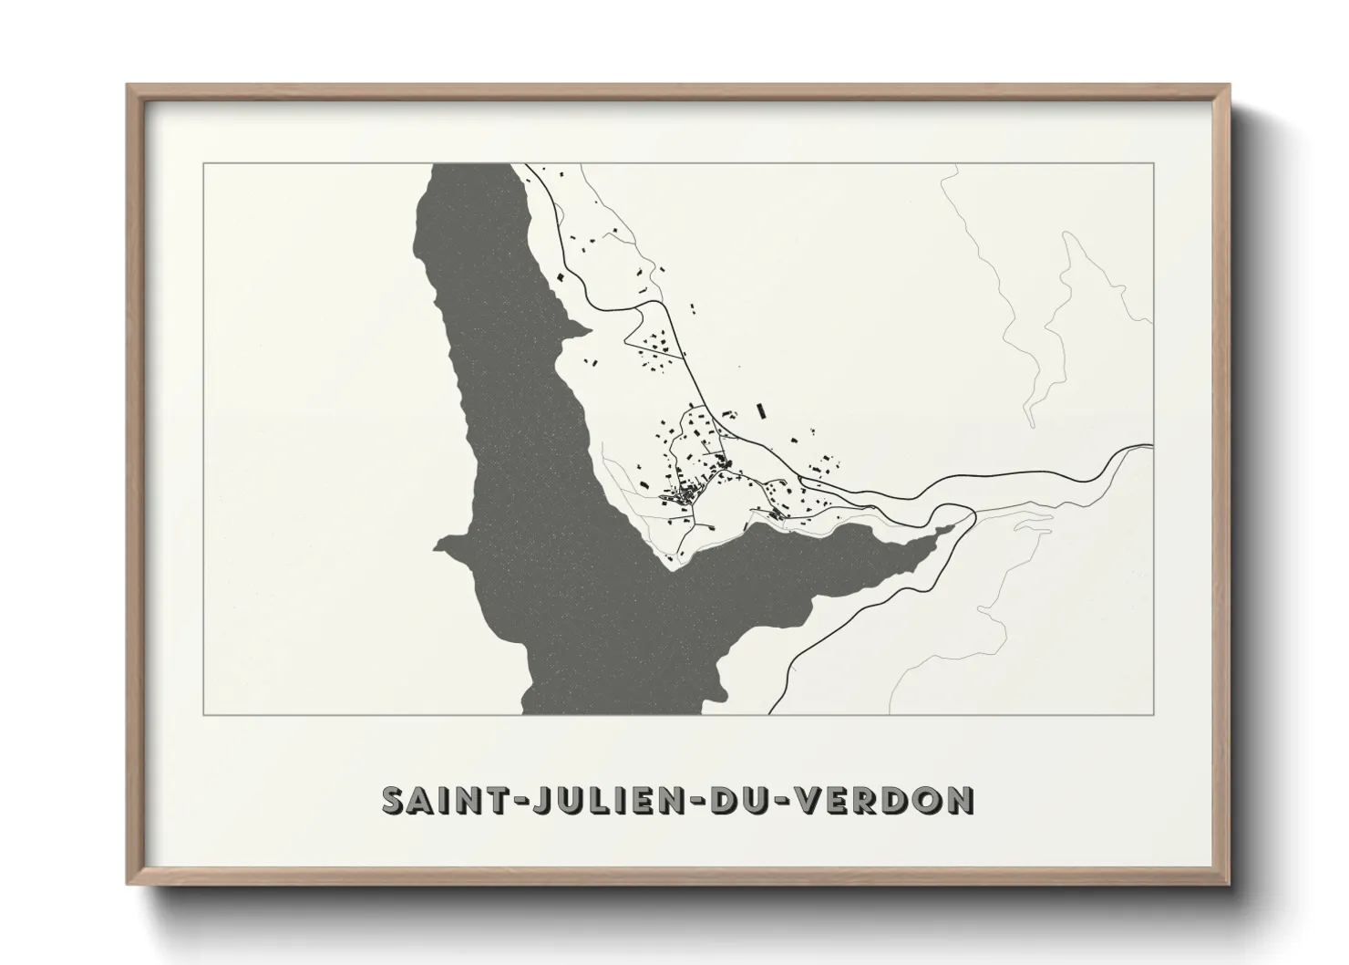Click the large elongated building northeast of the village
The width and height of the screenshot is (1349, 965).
(761, 410)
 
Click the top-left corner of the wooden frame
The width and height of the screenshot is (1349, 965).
(129, 86)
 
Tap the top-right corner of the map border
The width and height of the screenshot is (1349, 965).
(1154, 163)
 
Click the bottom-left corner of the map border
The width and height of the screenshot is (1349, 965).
(202, 714)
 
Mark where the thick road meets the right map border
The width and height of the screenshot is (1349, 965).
(1153, 446)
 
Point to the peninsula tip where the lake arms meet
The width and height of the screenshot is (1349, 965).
(674, 569)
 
